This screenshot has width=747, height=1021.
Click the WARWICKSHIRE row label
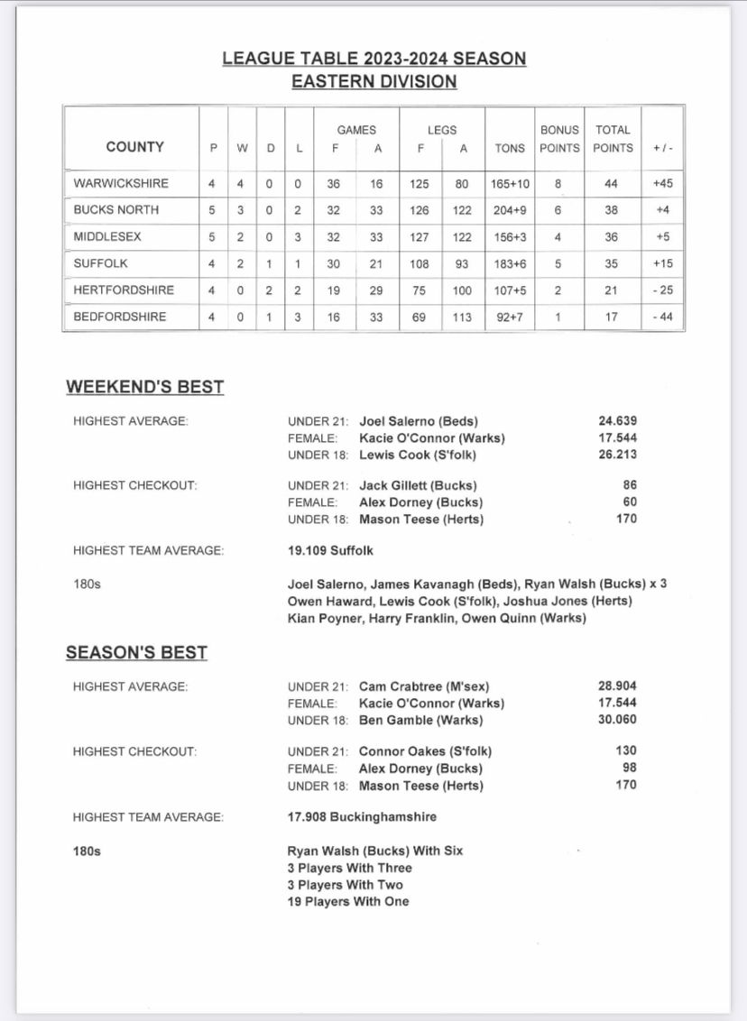[x=121, y=183]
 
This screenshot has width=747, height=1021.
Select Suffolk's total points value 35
[x=613, y=263]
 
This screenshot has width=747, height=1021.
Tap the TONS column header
[x=509, y=148]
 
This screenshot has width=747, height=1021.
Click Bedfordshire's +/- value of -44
[x=662, y=317]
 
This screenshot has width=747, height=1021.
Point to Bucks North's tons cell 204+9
[x=509, y=210]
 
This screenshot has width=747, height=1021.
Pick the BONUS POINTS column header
[x=559, y=139]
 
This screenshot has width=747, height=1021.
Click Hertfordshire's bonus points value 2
[x=558, y=290]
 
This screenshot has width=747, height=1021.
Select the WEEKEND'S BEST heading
[x=144, y=388]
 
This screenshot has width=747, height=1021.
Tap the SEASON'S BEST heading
[x=136, y=653]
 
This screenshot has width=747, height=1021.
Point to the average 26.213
[x=617, y=455]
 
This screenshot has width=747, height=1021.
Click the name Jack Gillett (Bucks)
[x=418, y=486]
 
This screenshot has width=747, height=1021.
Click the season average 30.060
[x=617, y=720]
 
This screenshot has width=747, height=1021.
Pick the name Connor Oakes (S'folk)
[x=425, y=751]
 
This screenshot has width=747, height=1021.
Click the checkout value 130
[x=625, y=750]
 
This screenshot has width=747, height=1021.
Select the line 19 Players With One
[x=348, y=901]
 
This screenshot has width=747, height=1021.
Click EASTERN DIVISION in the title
[x=373, y=82]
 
